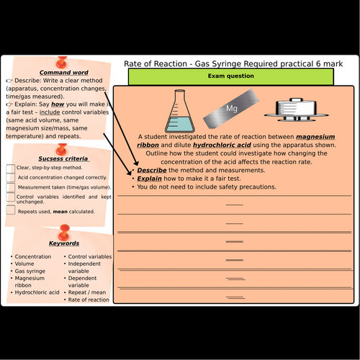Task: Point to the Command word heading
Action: (x=64, y=73)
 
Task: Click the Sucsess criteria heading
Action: (x=63, y=158)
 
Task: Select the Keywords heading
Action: (x=64, y=243)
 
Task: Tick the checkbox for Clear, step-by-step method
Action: (x=10, y=168)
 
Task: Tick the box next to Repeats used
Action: (x=10, y=211)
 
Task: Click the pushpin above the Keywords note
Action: (x=64, y=231)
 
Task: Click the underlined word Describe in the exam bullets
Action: (x=152, y=170)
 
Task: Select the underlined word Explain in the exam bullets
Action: (x=150, y=179)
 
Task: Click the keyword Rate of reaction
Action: (x=89, y=300)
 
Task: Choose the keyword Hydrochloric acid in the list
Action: (x=35, y=292)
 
